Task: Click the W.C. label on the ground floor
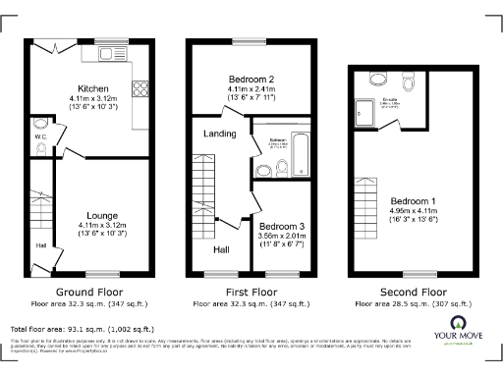41,137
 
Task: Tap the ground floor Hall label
40,245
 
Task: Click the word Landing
218,133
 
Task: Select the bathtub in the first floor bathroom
300,152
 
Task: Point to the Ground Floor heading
88,293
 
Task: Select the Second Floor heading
413,293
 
